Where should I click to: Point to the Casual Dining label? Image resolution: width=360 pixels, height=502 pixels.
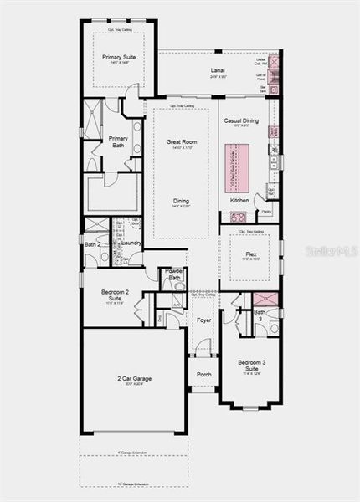click(x=242, y=120)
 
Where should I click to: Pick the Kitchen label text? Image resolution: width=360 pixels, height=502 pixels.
click(x=239, y=201)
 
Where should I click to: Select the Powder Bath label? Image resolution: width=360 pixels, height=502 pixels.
click(x=175, y=274)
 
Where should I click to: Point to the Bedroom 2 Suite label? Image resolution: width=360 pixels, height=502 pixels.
click(x=116, y=295)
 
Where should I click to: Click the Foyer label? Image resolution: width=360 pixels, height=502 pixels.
click(x=203, y=320)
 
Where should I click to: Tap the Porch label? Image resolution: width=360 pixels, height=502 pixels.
click(x=203, y=374)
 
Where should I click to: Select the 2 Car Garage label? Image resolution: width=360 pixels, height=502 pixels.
click(x=134, y=378)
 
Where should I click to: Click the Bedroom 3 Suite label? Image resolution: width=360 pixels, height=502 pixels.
click(x=250, y=364)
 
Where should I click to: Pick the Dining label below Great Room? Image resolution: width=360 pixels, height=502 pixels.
click(x=181, y=201)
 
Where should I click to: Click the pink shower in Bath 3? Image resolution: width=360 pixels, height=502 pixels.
click(x=266, y=300)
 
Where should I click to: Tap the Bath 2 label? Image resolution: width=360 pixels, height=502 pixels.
click(x=92, y=243)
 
